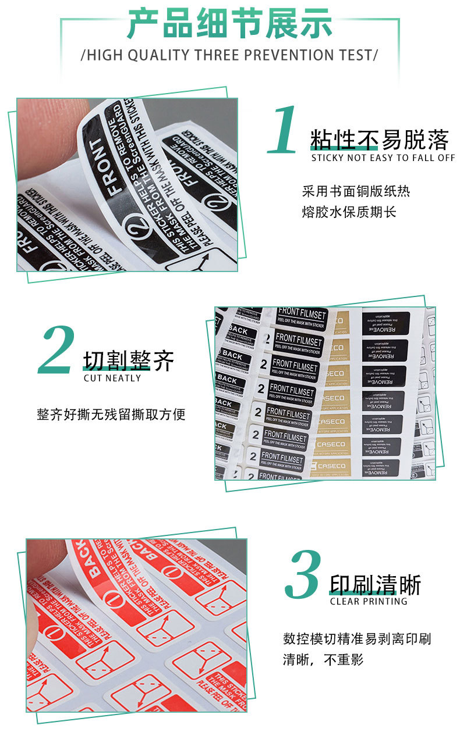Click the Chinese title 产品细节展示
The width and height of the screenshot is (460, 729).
[x=229, y=24]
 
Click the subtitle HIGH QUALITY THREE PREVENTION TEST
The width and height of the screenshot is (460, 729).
[x=229, y=55]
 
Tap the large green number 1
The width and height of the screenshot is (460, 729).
[x=284, y=131]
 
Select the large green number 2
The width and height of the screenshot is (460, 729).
[x=57, y=351]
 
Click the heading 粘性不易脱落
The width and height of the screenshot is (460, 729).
[x=379, y=140]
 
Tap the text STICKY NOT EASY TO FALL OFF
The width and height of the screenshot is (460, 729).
[x=383, y=158]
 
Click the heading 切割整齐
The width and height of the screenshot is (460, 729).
[x=128, y=361]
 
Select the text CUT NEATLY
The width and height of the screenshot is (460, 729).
[x=112, y=378]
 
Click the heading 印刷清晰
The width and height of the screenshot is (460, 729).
[x=375, y=585]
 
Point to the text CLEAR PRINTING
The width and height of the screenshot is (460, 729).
[x=369, y=601]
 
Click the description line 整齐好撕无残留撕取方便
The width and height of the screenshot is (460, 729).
[x=111, y=414]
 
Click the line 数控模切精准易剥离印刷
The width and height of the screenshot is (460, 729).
[x=357, y=639]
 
